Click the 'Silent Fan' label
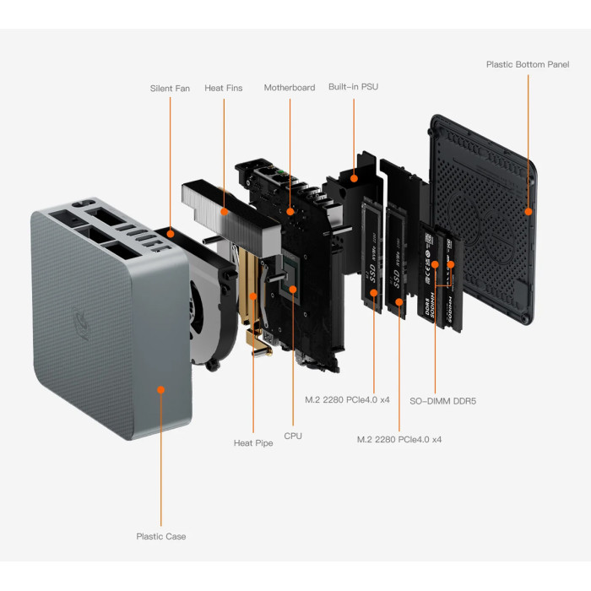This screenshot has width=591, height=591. pos(170,88)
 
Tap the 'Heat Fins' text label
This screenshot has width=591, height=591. pos(223,88)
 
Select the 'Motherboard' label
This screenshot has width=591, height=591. pos(290,88)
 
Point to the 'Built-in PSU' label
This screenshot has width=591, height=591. pos(354,88)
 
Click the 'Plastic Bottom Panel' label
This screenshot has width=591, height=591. pos(528,64)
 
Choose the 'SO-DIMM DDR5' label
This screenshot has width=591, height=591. pos(442,401)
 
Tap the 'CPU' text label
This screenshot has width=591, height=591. pos(293,436)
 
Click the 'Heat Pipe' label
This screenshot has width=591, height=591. pos(253,442)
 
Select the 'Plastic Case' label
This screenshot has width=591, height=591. pos(161,536)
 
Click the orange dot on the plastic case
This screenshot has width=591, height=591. pos(160,389)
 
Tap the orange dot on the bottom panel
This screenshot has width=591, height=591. pos(529,211)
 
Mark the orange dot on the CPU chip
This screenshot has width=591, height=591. pos(293,290)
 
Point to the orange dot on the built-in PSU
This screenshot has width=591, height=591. pos(355,178)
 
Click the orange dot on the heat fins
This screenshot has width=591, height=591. pos(224,211)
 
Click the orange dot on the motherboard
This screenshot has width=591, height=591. pos(290,211)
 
